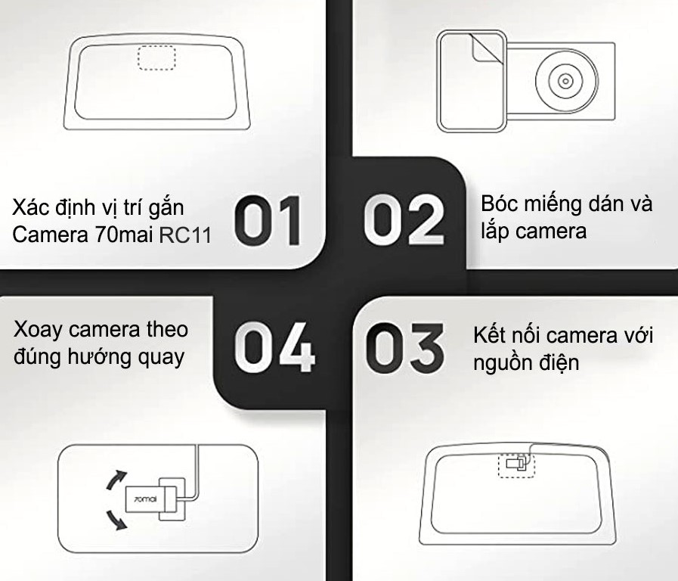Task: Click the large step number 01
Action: click(x=268, y=221)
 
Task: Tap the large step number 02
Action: click(x=404, y=220)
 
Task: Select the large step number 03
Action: click(x=405, y=347)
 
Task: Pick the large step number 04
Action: click(x=274, y=347)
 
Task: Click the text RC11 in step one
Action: click(x=185, y=235)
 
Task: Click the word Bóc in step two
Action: click(x=497, y=204)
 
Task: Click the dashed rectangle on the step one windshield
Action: click(x=156, y=57)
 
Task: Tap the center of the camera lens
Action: click(x=565, y=80)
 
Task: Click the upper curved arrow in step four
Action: click(x=116, y=480)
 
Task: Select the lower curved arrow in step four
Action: click(x=116, y=520)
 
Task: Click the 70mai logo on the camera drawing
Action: click(x=145, y=499)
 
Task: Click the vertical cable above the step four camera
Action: click(x=197, y=471)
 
